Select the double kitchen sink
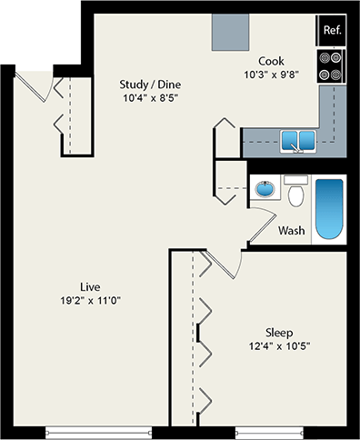[297, 141]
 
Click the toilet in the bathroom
[295, 193]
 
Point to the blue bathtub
[328, 209]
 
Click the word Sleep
[279, 331]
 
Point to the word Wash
[291, 231]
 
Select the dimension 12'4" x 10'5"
[279, 345]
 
